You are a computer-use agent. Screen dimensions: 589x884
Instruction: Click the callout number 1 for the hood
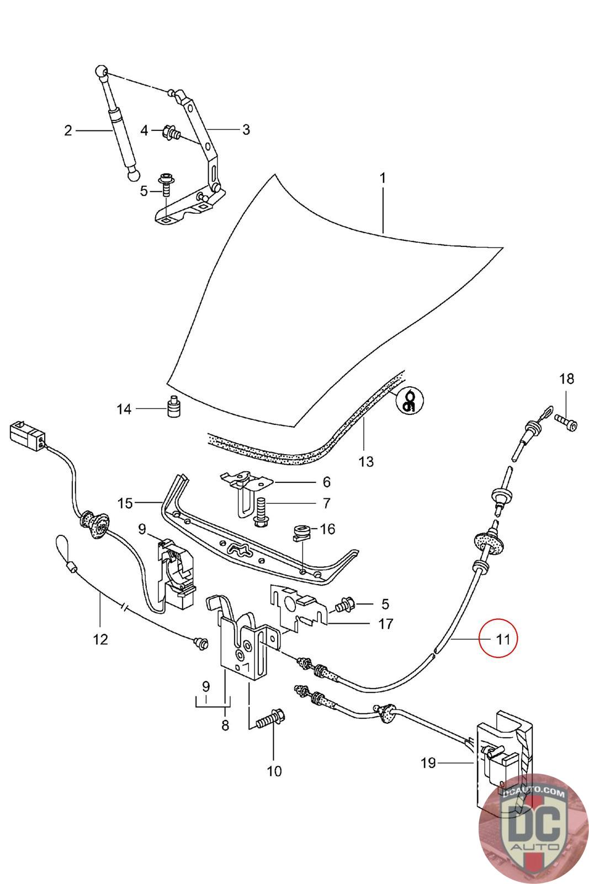pyautogui.click(x=383, y=178)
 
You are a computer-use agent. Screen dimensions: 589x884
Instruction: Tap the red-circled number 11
pyautogui.click(x=503, y=639)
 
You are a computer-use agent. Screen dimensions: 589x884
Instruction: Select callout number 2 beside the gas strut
pyautogui.click(x=68, y=130)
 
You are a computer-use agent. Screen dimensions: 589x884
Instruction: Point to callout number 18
pyautogui.click(x=566, y=379)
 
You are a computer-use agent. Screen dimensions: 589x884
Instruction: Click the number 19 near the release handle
pyautogui.click(x=428, y=763)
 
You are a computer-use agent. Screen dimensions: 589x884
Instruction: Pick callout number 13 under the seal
pyautogui.click(x=366, y=461)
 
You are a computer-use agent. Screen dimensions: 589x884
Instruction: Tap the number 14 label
pyautogui.click(x=124, y=409)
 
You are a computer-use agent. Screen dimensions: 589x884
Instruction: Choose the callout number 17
pyautogui.click(x=385, y=624)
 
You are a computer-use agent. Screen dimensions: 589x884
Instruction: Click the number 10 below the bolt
pyautogui.click(x=274, y=771)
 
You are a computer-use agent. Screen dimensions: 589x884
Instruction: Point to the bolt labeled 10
pyautogui.click(x=271, y=719)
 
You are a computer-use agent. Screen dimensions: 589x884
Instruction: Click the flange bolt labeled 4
pyautogui.click(x=171, y=132)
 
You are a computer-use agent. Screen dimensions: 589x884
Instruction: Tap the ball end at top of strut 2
pyautogui.click(x=102, y=71)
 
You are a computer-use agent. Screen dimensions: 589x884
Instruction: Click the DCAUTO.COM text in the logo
pyautogui.click(x=533, y=793)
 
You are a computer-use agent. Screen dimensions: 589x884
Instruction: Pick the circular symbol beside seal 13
pyautogui.click(x=410, y=400)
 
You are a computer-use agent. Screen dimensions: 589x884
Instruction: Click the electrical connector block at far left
pyautogui.click(x=27, y=436)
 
